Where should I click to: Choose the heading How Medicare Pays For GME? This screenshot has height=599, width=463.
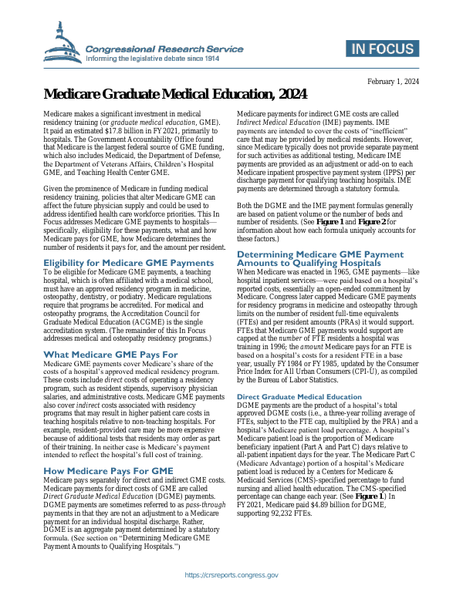coord(103,469)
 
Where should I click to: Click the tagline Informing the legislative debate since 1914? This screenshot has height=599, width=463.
coord(153,58)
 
